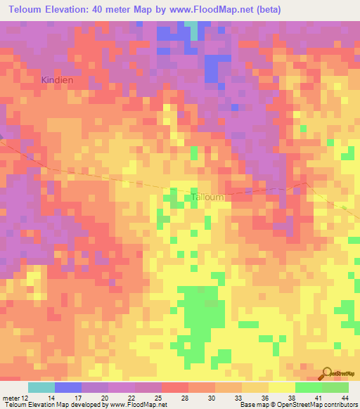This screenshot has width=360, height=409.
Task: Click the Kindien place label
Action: (x=57, y=80)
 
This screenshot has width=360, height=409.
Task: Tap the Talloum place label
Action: (x=208, y=197)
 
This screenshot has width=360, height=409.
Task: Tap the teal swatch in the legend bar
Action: (x=41, y=387)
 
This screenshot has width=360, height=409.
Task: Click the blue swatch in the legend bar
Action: (x=68, y=387)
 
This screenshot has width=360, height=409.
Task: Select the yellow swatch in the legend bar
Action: (x=281, y=387)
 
